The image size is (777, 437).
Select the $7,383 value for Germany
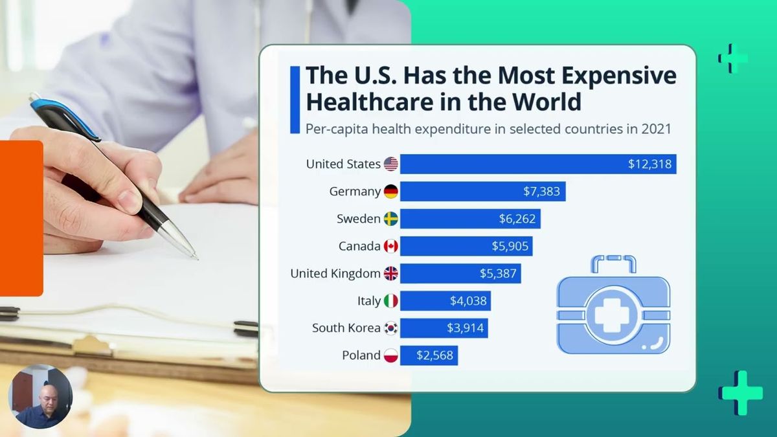tap(541, 192)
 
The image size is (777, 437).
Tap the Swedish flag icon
tap(390, 219)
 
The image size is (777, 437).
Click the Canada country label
tap(359, 246)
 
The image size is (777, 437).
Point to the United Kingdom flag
tap(390, 273)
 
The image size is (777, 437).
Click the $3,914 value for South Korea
tap(466, 328)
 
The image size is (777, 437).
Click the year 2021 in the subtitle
tap(657, 128)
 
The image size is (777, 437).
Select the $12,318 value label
tap(650, 164)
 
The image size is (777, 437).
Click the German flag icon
tap(390, 192)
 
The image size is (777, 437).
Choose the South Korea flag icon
tap(390, 328)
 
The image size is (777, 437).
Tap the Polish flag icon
tap(390, 355)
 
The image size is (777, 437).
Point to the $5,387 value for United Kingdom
tap(498, 273)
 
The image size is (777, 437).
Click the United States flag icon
tap(390, 164)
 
